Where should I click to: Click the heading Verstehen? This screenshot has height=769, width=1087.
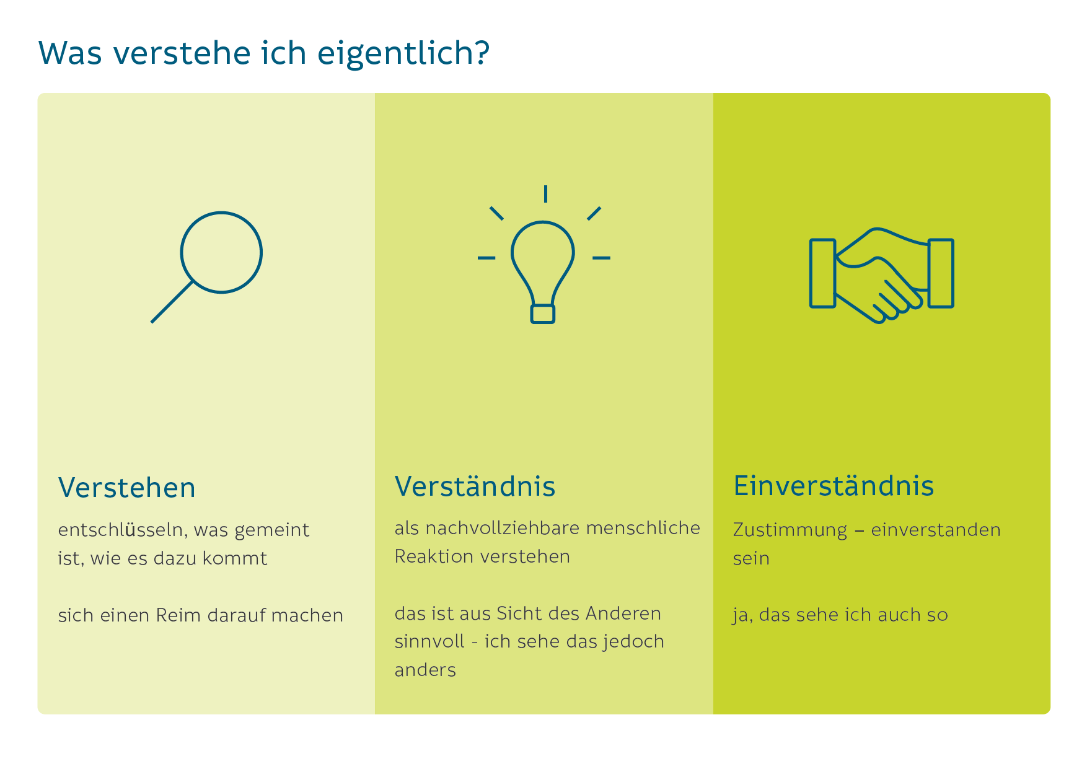pos(127,488)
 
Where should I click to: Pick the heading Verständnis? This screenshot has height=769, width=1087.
pos(475,486)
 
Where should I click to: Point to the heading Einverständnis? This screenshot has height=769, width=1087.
pos(834,486)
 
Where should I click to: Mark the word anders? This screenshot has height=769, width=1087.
pos(425,670)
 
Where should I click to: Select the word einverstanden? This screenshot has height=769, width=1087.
pos(936,530)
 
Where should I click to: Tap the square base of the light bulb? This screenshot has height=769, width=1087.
pos(543,314)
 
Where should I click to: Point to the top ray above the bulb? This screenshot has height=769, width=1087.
pos(545,194)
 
